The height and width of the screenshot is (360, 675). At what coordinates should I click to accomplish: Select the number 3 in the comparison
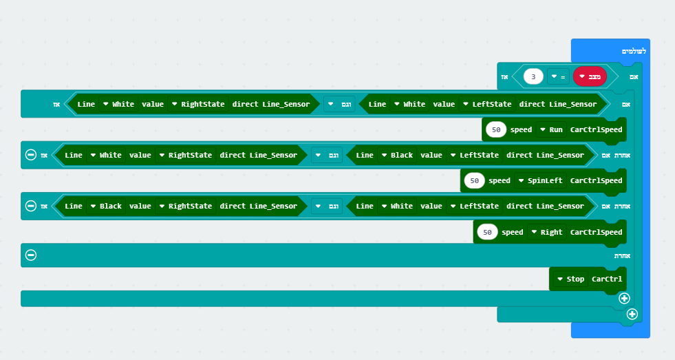tap(533, 76)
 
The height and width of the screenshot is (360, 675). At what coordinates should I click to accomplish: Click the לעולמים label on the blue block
tap(634, 52)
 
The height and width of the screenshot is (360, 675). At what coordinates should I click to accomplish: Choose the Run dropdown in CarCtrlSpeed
tap(552, 129)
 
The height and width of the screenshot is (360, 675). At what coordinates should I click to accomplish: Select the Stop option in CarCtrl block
tap(570, 279)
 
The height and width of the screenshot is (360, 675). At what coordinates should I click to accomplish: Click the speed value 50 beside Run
tap(496, 129)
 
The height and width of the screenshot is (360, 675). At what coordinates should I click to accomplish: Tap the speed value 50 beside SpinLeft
tap(474, 181)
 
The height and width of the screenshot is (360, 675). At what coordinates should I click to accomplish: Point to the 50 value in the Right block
tap(487, 233)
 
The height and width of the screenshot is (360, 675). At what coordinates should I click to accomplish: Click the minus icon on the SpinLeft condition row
tap(30, 155)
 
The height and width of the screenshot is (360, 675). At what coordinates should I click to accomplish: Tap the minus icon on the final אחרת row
tap(30, 255)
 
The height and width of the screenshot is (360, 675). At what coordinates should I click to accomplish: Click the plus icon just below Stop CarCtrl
tap(624, 298)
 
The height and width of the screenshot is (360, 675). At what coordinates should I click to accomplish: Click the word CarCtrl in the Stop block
tap(607, 279)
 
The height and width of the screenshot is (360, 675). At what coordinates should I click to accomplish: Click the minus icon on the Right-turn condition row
tap(30, 206)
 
